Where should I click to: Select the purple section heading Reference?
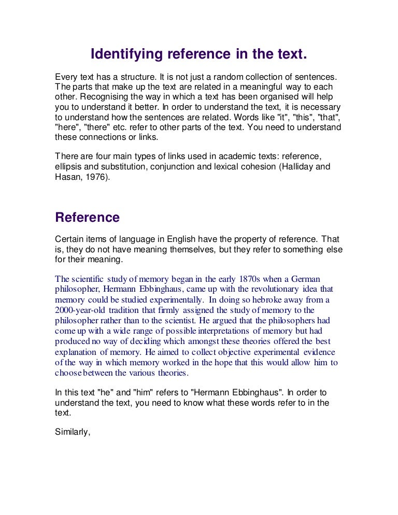(87, 217)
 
